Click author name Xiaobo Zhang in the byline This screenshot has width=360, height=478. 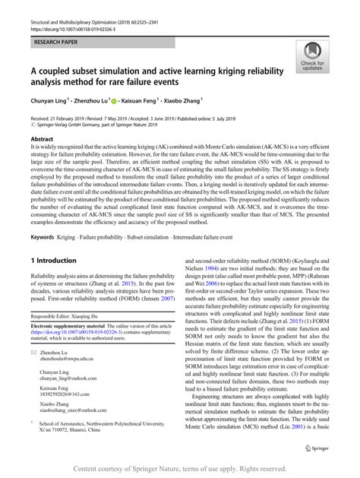[x=183, y=100]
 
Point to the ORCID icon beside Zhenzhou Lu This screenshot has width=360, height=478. [x=112, y=100]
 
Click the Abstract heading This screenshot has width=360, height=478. [x=42, y=141]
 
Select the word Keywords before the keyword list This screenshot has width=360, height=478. [x=45, y=237]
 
